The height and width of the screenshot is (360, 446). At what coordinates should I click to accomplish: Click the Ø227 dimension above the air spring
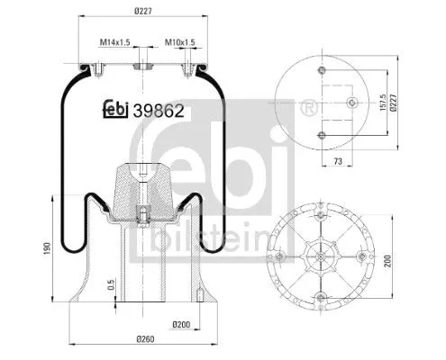click(x=142, y=11)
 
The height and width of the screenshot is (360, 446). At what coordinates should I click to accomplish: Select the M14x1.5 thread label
click(x=114, y=42)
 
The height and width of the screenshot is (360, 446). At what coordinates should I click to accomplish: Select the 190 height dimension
click(x=21, y=248)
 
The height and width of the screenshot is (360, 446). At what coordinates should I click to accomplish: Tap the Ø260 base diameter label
click(x=143, y=341)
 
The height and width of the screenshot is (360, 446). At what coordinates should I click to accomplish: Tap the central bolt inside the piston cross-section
click(x=142, y=214)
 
